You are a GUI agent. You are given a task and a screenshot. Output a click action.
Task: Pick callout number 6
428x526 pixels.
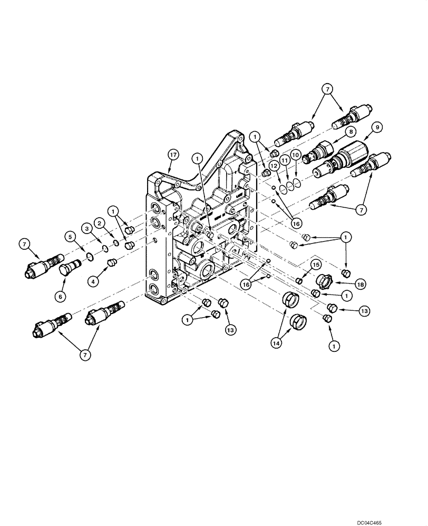pyautogui.click(x=61, y=297)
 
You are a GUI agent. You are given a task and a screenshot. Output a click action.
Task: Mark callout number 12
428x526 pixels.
pyautogui.click(x=273, y=165)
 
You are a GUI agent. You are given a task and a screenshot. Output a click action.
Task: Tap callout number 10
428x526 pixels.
pyautogui.click(x=296, y=156)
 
